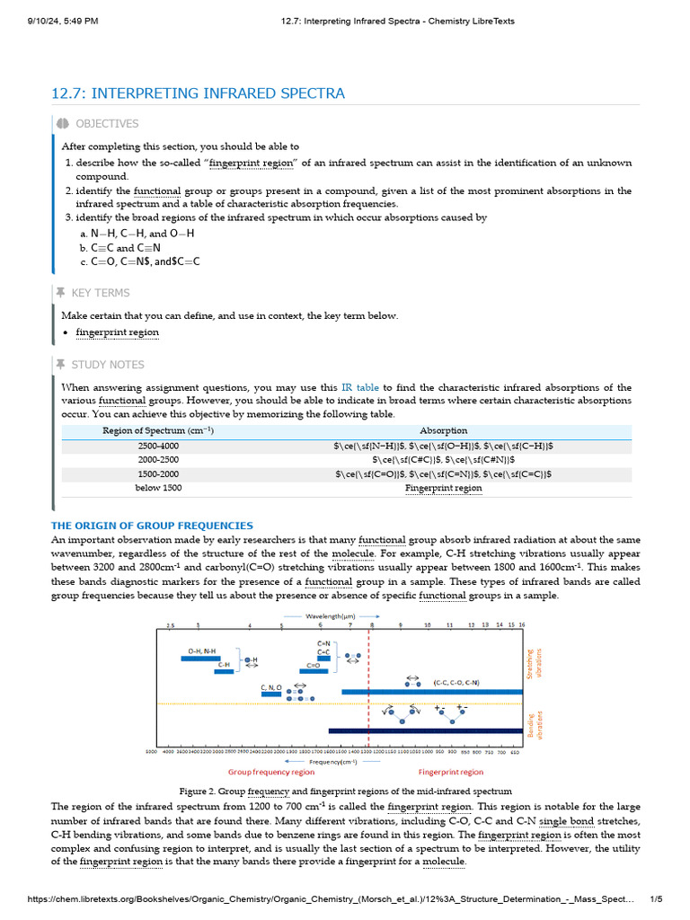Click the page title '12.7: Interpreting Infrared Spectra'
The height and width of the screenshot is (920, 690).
pos(198,93)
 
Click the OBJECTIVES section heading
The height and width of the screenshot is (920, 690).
pos(106,124)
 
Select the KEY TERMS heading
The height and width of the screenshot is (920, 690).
pos(100,293)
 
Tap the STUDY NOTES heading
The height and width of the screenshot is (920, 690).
pos(107,365)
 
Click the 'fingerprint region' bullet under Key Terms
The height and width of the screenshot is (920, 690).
pos(117,332)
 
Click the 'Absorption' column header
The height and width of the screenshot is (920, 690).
pos(443,430)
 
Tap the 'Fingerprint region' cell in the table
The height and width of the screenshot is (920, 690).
pos(443,488)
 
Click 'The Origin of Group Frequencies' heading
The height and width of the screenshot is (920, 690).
pos(152,526)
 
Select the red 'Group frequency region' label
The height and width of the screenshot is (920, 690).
pos(270,772)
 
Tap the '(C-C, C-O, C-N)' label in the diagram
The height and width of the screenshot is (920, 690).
pos(456,682)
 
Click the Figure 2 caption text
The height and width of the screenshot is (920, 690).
pos(346,792)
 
